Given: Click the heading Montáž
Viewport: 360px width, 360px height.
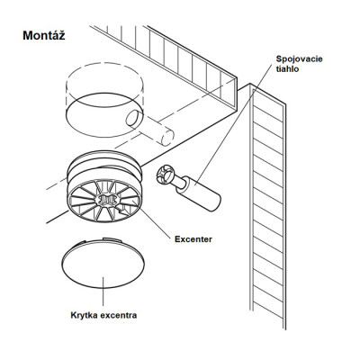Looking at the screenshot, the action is [x=44, y=36].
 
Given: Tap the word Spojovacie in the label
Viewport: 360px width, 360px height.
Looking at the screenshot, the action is [x=300, y=58].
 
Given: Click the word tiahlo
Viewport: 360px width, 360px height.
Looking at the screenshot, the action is [x=287, y=69].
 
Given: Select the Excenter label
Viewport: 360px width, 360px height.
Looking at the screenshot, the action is [x=193, y=239].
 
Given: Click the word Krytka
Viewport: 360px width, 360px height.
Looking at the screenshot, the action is [x=85, y=316].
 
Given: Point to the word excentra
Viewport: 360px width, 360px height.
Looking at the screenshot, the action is [x=119, y=316].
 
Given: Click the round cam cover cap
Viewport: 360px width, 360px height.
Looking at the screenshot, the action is [x=103, y=262].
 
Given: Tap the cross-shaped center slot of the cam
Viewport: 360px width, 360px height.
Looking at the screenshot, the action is [x=106, y=200].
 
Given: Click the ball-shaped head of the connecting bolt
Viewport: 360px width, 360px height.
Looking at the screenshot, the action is [x=165, y=175].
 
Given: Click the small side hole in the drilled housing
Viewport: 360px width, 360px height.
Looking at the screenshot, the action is [x=133, y=118].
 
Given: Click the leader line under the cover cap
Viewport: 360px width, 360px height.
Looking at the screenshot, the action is [x=103, y=291].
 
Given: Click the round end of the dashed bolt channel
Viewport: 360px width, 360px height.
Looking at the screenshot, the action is [x=167, y=138].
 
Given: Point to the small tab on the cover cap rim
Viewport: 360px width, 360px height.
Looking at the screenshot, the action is [x=111, y=239].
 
